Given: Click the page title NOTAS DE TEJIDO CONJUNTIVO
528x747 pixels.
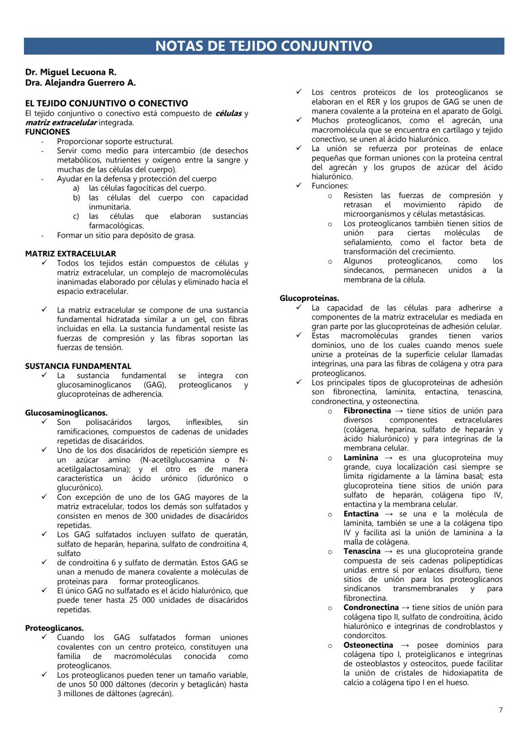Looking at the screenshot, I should (x=264, y=46).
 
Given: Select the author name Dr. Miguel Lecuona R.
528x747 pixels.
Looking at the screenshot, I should (x=70, y=72).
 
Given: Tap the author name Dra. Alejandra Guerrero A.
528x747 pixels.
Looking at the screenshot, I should (x=80, y=83).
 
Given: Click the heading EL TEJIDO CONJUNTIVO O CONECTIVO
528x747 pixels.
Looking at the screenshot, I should (x=107, y=103).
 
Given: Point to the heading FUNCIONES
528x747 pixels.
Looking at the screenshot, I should (x=47, y=132).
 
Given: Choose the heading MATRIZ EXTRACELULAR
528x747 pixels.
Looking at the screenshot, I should (x=70, y=253).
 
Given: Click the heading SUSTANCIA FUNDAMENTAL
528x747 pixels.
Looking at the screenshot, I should (x=78, y=366).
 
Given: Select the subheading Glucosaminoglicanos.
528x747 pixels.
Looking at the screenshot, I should (x=66, y=413).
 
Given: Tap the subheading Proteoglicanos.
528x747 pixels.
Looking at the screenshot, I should (x=54, y=628).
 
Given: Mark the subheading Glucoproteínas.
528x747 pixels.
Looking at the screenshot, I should (x=309, y=298).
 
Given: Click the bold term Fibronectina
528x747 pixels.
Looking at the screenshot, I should (x=367, y=411).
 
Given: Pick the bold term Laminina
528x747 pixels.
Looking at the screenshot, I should (x=361, y=458).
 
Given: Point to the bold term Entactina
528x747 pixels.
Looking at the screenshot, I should (x=361, y=514).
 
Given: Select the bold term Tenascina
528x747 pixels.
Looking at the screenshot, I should (x=362, y=551).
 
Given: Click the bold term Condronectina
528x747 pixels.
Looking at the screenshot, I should (x=371, y=608).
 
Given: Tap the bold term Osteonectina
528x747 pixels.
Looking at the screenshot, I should (x=368, y=645).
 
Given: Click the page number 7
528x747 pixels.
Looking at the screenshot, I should (x=500, y=710).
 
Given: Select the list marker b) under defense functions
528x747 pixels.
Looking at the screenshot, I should (x=76, y=198).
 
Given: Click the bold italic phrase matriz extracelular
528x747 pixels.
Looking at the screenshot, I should (x=61, y=123).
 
